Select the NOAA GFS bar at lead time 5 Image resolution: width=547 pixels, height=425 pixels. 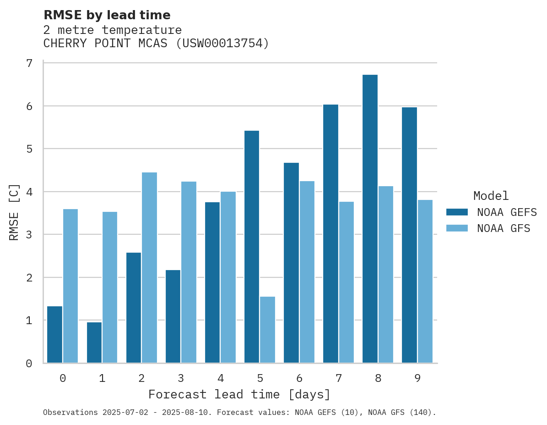267,330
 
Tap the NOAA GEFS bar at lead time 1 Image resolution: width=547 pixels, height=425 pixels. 94,342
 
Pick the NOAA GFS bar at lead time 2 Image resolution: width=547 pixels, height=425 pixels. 149,268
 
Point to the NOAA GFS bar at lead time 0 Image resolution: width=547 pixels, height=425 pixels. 70,286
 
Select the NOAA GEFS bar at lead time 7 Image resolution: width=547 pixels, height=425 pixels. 330,234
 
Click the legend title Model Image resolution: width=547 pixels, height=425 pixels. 491,196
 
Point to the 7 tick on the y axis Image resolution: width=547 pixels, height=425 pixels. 29,63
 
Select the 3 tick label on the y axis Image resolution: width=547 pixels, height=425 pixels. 29,235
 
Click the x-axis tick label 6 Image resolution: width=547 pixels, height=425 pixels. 299,378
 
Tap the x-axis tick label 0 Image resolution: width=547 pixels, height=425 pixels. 63,378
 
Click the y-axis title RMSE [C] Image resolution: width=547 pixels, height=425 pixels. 15,212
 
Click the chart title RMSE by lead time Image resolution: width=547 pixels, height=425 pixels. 107,15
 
